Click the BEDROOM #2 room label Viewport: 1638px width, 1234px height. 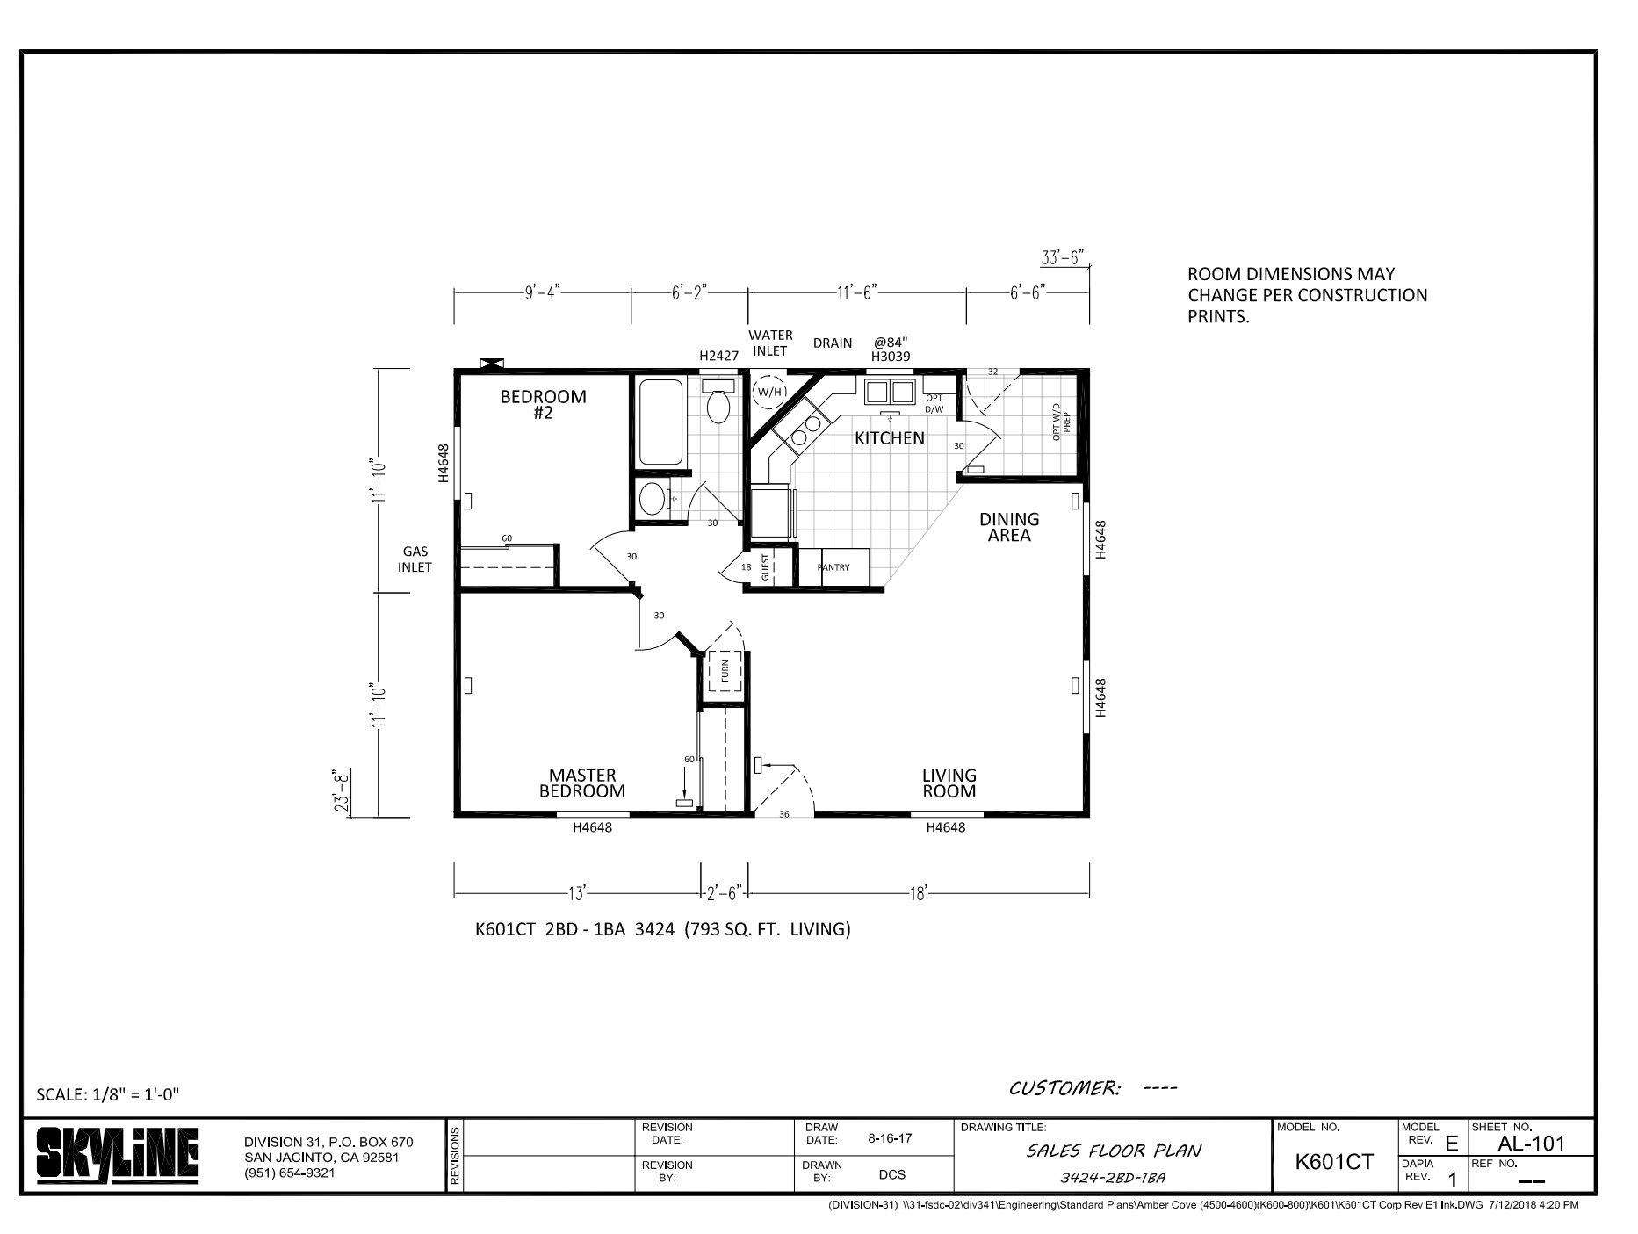pyautogui.click(x=543, y=404)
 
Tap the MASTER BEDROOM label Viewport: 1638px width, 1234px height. pyautogui.click(x=582, y=783)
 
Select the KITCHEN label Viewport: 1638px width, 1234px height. pyautogui.click(x=890, y=438)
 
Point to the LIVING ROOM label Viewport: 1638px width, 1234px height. pyautogui.click(x=949, y=783)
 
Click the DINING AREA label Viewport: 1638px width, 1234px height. pyautogui.click(x=1009, y=527)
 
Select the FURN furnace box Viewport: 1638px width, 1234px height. pyautogui.click(x=725, y=671)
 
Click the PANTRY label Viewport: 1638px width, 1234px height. pyautogui.click(x=833, y=567)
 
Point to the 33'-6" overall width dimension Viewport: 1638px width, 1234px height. pyautogui.click(x=1063, y=257)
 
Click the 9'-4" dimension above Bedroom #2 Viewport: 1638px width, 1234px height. pyautogui.click(x=542, y=292)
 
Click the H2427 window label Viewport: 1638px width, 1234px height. pyautogui.click(x=718, y=357)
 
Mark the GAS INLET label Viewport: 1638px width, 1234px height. pyautogui.click(x=415, y=559)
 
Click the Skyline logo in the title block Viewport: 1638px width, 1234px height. pyautogui.click(x=118, y=1154)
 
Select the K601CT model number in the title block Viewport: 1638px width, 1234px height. pyautogui.click(x=1334, y=1162)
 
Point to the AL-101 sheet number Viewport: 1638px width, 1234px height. pyautogui.click(x=1531, y=1144)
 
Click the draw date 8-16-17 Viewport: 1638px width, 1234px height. pyautogui.click(x=890, y=1139)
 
